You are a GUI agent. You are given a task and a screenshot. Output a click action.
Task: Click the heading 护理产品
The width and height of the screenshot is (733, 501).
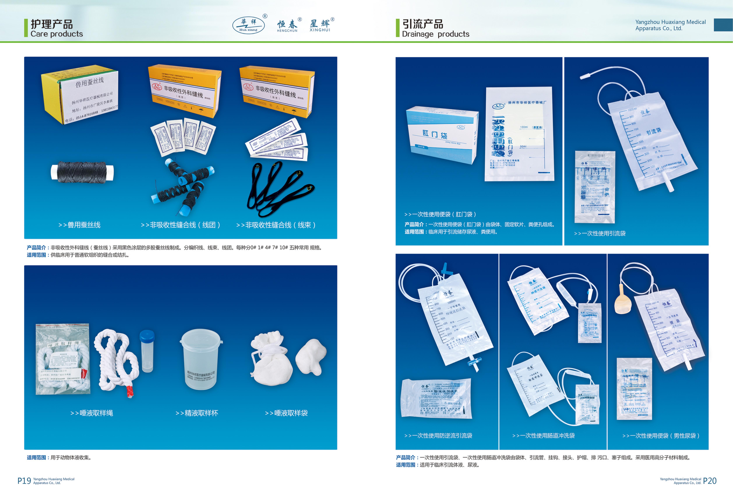tap(52, 24)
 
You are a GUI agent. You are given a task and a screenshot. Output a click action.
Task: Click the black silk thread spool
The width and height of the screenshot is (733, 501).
tap(82, 172)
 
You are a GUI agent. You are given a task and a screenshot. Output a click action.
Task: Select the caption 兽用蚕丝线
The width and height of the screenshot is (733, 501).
tap(80, 225)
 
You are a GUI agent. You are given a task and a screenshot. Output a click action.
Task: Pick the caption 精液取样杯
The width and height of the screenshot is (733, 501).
tap(197, 413)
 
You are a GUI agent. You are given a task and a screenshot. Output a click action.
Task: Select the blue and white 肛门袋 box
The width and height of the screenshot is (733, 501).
tap(442, 135)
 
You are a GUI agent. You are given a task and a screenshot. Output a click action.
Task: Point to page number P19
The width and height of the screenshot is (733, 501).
tap(24, 481)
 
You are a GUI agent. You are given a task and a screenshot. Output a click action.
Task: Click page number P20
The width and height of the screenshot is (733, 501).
tap(710, 481)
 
